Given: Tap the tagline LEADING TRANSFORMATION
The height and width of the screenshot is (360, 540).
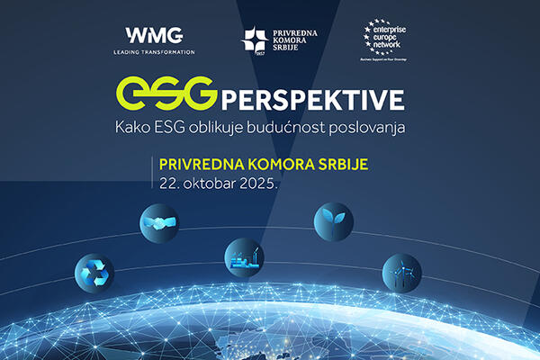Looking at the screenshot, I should (154, 52).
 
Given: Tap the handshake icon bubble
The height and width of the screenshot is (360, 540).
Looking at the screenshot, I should (158, 221).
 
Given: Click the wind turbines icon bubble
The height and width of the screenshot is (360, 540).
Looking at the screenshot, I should (401, 271).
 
